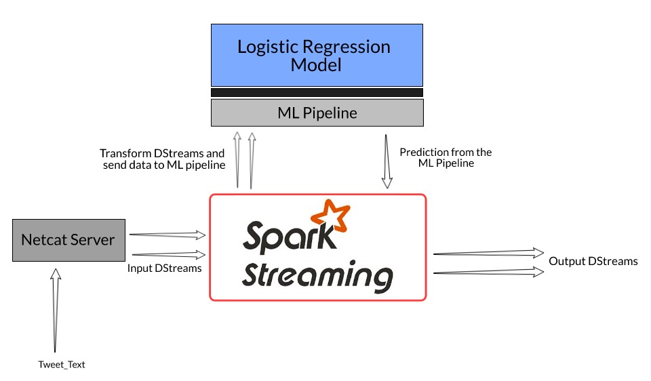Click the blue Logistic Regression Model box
pos(317,56)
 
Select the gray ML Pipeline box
pos(317,113)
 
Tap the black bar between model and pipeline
pos(317,92)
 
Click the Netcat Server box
pos(68,240)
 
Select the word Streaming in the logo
pos(317,277)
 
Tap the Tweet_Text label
pos(62,365)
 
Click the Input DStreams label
pos(165,268)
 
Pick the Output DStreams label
pos(593,261)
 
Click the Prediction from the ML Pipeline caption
pos(446,158)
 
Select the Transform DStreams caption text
pos(162,159)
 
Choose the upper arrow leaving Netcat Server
pos(167,235)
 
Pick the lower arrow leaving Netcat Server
pos(167,255)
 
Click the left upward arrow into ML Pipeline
pos(237,159)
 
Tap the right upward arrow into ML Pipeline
pos(252,159)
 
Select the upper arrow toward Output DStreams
pos(488,254)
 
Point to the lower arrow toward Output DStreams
pos(488,272)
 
